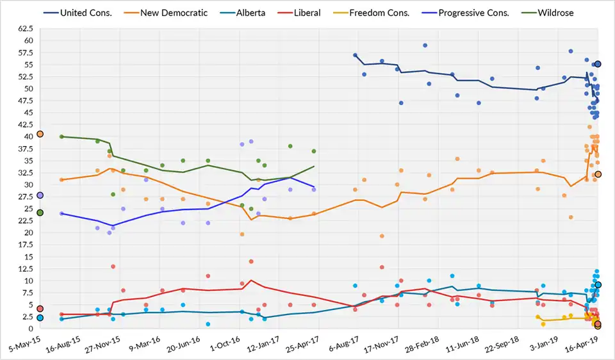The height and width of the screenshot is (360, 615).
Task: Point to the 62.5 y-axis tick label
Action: coord(26,29)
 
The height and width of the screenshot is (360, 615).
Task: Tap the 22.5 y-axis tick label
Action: coord(26,220)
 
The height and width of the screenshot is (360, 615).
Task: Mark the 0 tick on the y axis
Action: coord(32,329)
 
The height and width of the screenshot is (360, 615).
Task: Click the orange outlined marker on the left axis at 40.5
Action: coord(40,134)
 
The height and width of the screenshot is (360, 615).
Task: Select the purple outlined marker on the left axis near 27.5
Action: coord(40,195)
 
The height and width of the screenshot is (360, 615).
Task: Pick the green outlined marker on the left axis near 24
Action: coord(40,213)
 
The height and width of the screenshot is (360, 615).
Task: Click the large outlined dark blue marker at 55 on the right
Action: coord(598,64)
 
